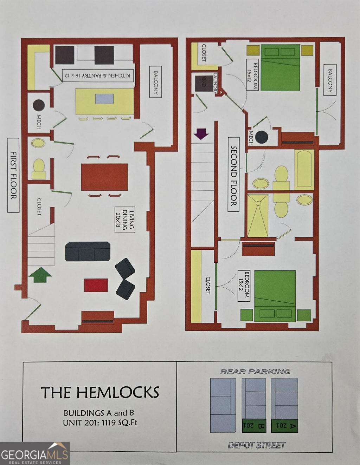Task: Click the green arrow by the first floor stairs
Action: [x=40, y=275]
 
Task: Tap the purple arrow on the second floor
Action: [x=201, y=134]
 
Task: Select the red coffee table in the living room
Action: [x=96, y=285]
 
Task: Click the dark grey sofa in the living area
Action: [x=88, y=251]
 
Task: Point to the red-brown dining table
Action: [x=104, y=177]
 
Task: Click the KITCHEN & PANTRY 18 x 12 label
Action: [x=98, y=76]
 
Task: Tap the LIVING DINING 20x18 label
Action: [x=125, y=220]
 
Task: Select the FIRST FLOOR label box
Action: [x=13, y=175]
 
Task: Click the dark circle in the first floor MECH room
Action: [x=39, y=105]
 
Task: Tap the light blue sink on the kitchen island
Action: [x=104, y=99]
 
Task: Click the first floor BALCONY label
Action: [x=155, y=82]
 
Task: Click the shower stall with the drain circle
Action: [x=258, y=216]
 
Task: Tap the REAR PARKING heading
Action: [x=255, y=372]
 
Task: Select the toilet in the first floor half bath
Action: [x=39, y=169]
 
